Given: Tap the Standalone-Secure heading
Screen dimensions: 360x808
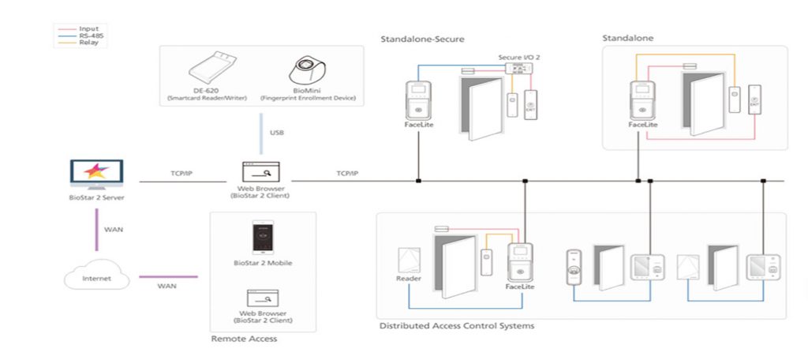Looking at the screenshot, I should coord(422,38).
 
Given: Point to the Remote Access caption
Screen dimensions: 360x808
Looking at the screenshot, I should coord(244,339).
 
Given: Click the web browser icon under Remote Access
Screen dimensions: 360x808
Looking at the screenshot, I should coord(263,298).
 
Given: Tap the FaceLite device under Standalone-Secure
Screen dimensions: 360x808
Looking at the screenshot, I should coord(418,102).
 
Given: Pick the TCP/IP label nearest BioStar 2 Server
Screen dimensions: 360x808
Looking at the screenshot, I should coord(182,173).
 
